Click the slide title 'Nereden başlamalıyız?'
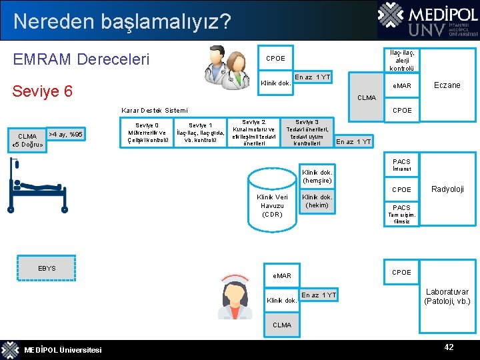tap(122, 21)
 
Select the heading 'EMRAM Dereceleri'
tap(81, 59)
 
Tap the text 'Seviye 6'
tap(43, 91)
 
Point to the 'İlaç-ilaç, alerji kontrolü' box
tap(401, 59)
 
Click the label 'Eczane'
tap(447, 85)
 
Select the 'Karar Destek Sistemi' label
tap(155, 110)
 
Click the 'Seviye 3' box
tap(307, 132)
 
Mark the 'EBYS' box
tap(47, 269)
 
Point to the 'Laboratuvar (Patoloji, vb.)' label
tap(447, 297)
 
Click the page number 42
tap(449, 347)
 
